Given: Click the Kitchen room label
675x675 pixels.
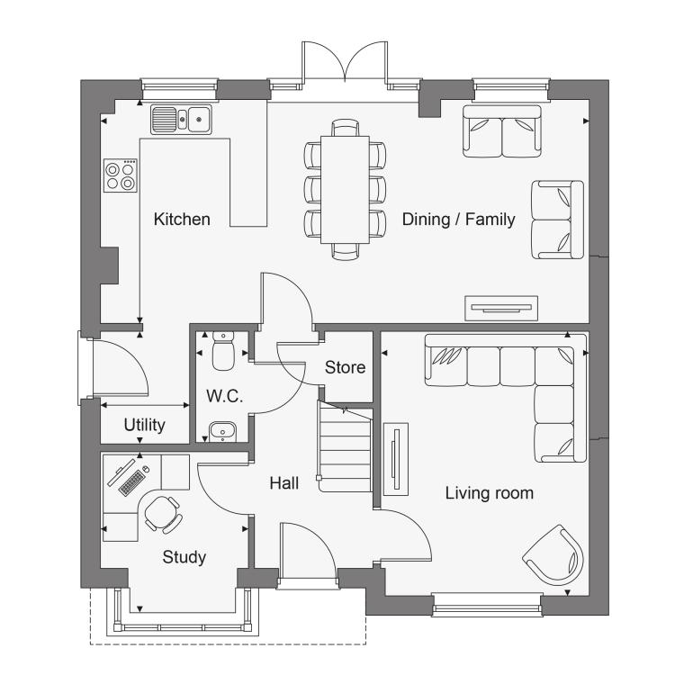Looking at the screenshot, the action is click(x=182, y=219).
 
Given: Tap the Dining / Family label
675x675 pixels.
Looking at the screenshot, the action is click(x=458, y=219).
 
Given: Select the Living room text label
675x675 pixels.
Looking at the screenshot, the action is click(x=489, y=493).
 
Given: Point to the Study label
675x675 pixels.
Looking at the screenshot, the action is click(x=184, y=557).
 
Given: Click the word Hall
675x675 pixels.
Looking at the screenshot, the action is click(x=284, y=483).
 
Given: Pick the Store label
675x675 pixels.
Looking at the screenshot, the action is click(x=345, y=367).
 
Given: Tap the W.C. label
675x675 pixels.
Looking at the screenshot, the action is click(x=224, y=396).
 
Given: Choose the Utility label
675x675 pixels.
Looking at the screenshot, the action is click(x=144, y=425).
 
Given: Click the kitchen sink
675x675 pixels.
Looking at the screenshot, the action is click(x=181, y=119).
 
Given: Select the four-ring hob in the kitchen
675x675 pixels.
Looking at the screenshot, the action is click(x=121, y=175).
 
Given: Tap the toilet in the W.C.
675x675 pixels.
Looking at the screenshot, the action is click(x=223, y=351).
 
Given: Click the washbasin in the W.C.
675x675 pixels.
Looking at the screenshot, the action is click(x=222, y=431).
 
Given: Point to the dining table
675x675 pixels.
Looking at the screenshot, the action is click(x=345, y=190).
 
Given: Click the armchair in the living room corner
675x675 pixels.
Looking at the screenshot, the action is click(x=554, y=555).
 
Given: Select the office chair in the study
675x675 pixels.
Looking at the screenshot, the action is click(x=162, y=515).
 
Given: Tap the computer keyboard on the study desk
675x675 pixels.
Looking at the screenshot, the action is click(x=131, y=482).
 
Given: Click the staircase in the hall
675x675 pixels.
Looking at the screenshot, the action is click(x=345, y=446).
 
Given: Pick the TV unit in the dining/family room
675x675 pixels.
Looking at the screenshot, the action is click(x=501, y=308).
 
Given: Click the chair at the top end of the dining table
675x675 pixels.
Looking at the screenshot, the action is click(x=345, y=128).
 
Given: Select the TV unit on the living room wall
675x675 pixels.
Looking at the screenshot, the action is click(x=396, y=459).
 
